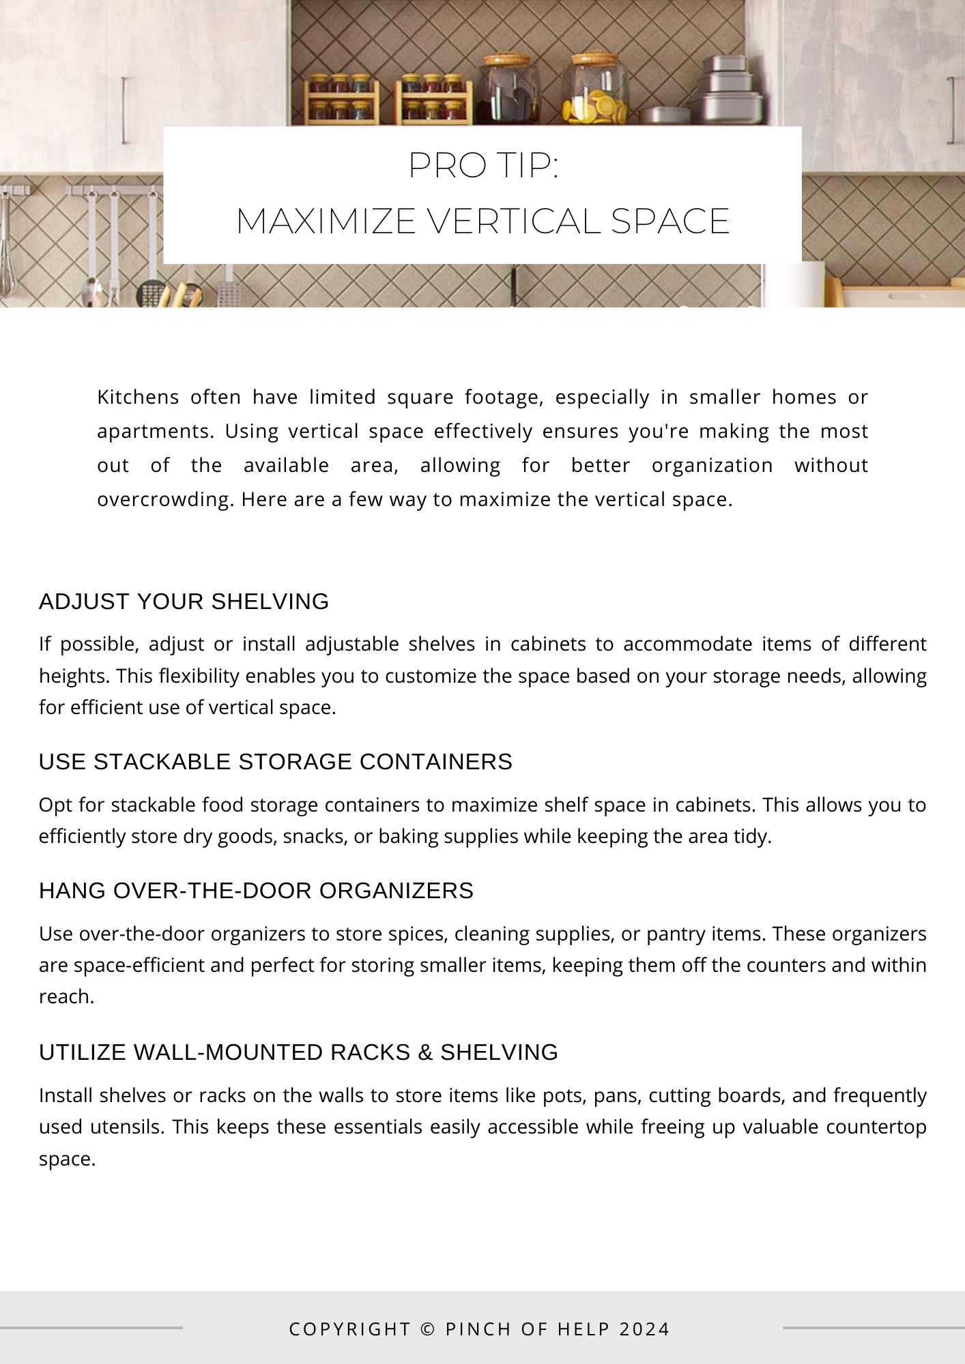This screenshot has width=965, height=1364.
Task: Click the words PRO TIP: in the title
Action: coord(483,165)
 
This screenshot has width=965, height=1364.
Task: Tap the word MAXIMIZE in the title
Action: coord(326,221)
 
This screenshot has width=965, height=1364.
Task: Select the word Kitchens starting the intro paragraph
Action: coord(138,397)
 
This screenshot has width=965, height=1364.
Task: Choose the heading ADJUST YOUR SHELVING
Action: coord(184,602)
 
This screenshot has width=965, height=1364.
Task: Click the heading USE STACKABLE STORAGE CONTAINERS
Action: coord(275,762)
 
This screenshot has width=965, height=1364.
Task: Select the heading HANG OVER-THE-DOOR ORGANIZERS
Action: coord(256,891)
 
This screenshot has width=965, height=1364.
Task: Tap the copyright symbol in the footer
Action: coord(428,1329)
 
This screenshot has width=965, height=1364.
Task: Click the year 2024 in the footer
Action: coord(644,1329)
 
